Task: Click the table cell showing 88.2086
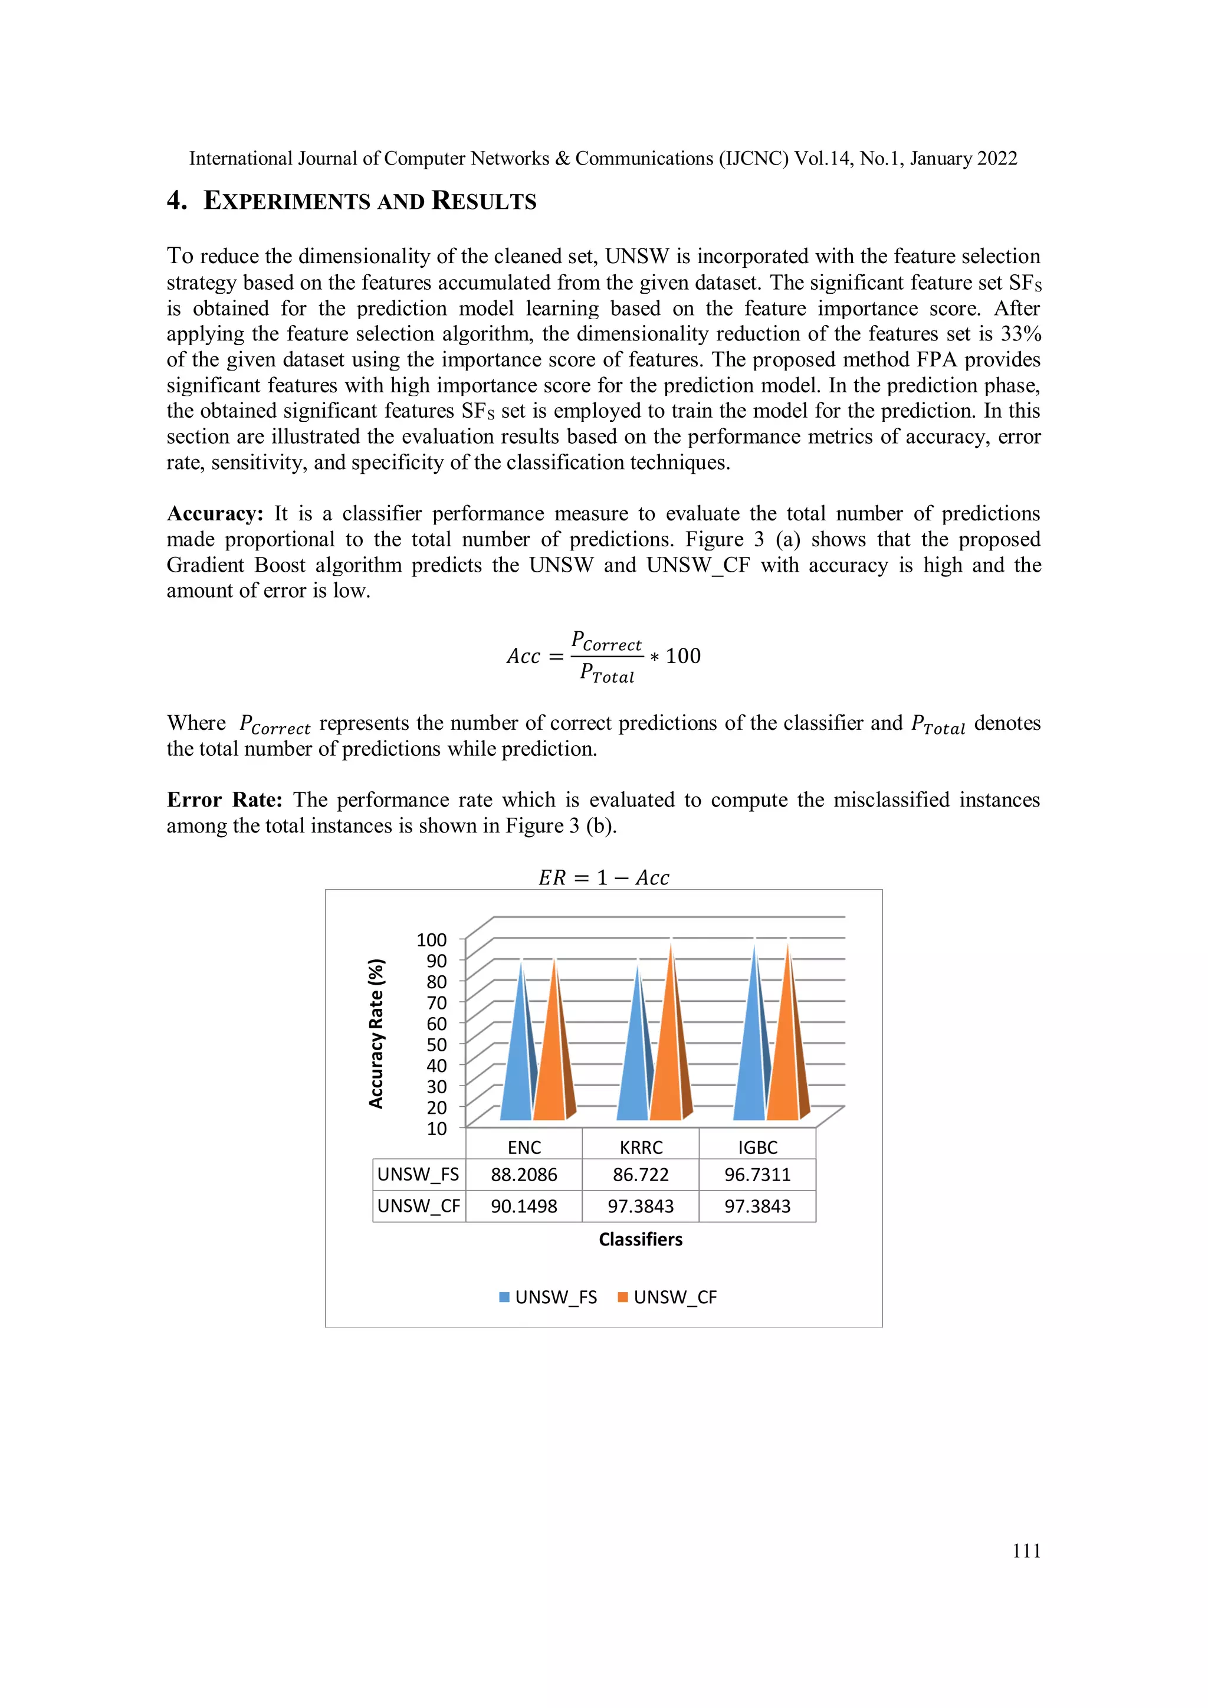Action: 524,1175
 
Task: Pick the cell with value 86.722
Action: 641,1175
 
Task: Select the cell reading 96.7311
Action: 757,1175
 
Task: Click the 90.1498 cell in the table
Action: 524,1206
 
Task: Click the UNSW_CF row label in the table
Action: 419,1206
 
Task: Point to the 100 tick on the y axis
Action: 431,940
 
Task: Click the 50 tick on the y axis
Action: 436,1044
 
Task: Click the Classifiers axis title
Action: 641,1240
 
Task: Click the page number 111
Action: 1026,1551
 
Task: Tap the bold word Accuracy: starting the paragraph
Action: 215,514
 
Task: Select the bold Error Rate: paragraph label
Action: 224,801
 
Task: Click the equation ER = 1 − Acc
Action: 604,878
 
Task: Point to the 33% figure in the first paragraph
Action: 1020,334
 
